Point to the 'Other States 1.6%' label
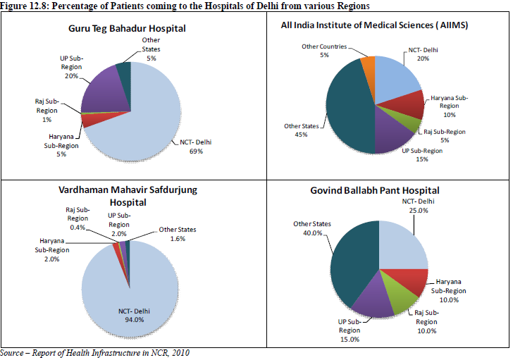click(177, 234)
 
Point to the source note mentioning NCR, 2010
click(95, 352)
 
